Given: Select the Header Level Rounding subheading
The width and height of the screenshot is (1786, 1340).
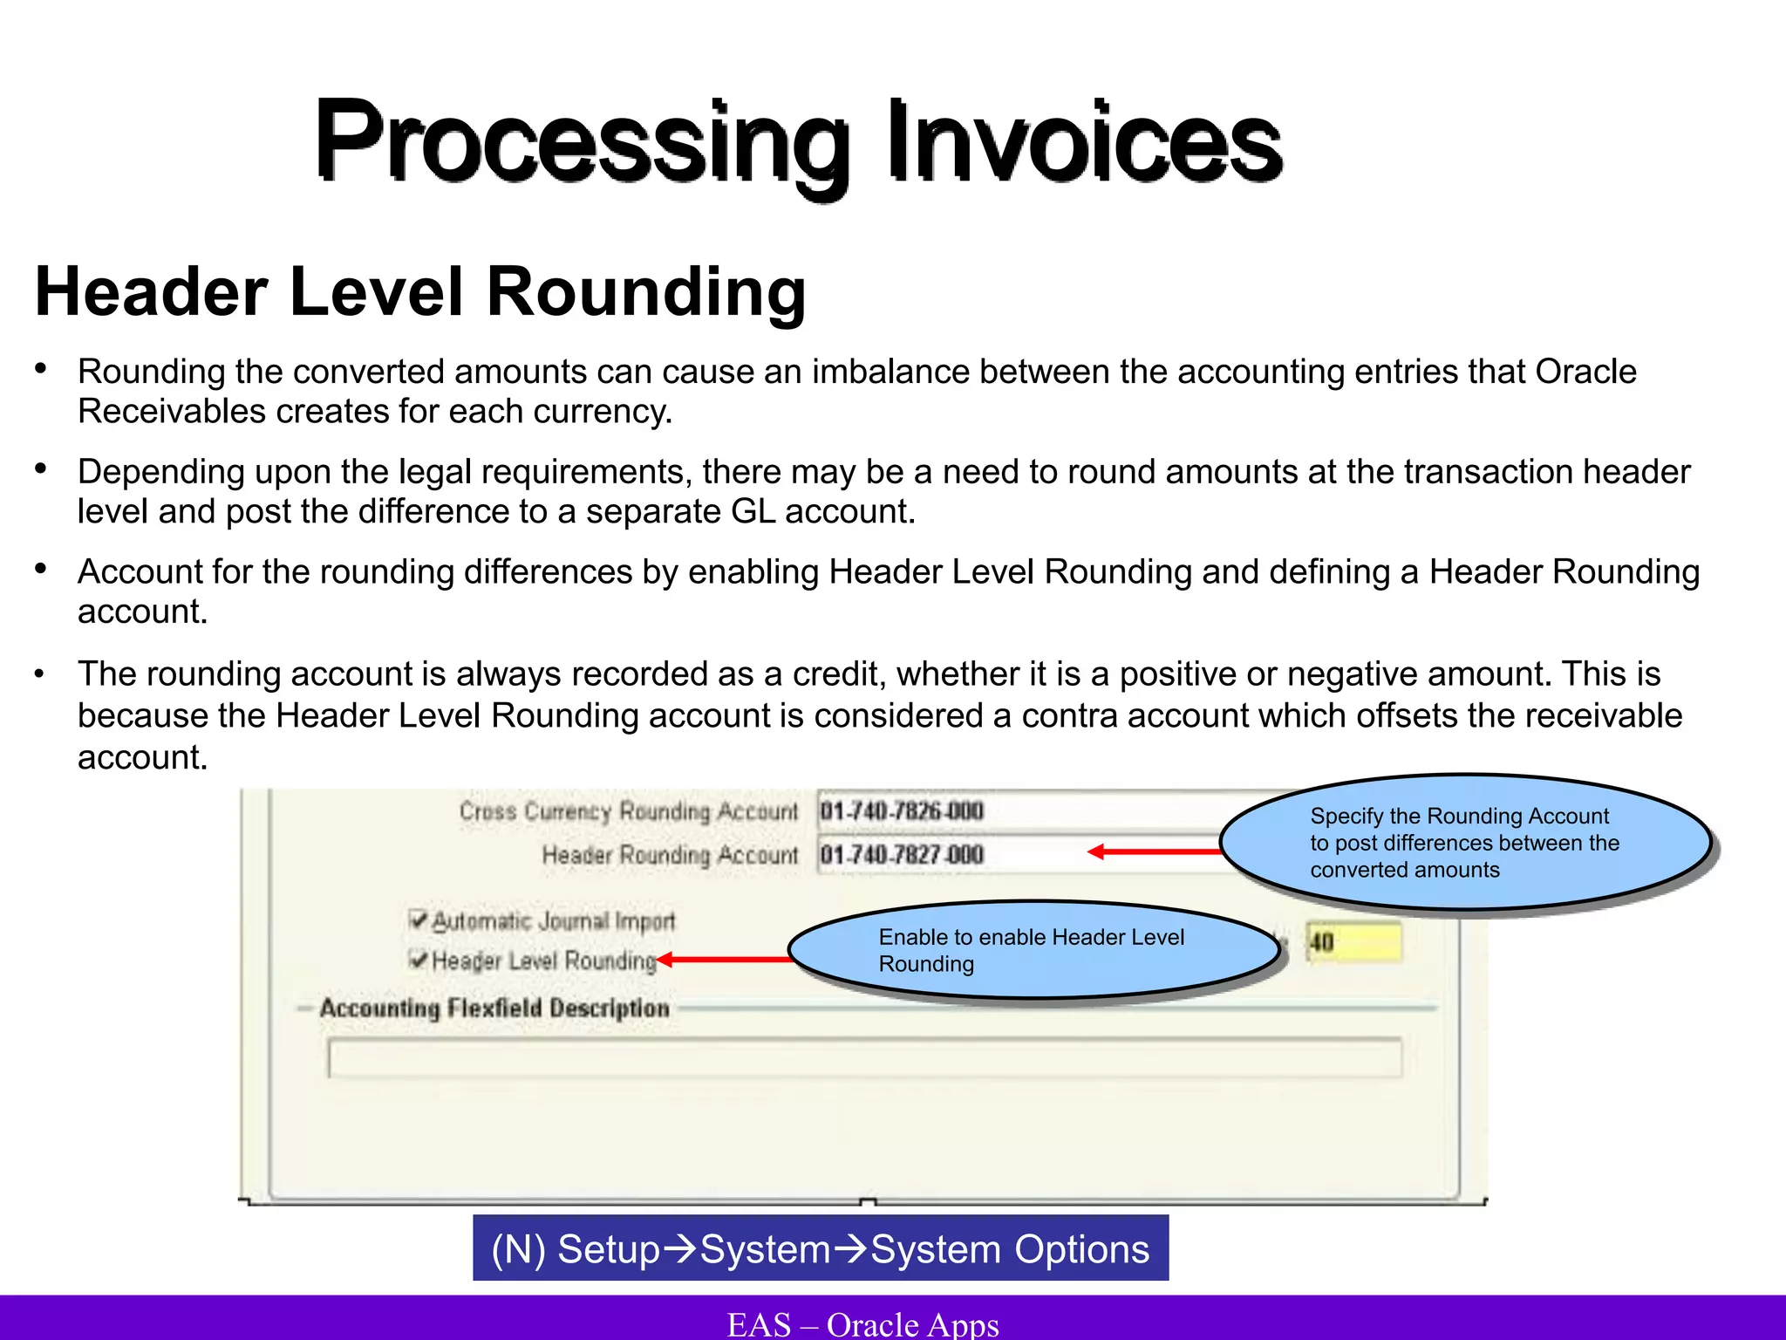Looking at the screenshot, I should [x=420, y=292].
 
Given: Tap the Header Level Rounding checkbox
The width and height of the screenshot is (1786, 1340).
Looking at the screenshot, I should [x=419, y=960].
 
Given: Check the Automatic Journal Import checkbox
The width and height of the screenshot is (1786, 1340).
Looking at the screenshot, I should [x=419, y=920].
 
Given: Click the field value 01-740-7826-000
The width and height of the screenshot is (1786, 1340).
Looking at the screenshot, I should [x=902, y=811].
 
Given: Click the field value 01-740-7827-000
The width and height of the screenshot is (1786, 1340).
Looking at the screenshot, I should [x=902, y=854].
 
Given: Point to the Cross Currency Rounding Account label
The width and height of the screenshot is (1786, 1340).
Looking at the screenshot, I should [x=628, y=811].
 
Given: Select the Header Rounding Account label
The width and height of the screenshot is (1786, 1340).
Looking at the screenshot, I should [x=669, y=855].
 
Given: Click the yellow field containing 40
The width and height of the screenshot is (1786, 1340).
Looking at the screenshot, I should [x=1353, y=942].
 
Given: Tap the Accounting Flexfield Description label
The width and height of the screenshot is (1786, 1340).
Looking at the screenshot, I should [x=494, y=1008].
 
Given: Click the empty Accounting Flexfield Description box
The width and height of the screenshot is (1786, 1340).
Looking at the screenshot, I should [x=863, y=1058].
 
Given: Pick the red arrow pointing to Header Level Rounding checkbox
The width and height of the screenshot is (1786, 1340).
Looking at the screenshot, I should [x=724, y=960].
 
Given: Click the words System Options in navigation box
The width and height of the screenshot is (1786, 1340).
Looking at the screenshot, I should [x=1010, y=1249].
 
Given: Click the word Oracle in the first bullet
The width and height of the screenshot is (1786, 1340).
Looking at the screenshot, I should [x=1585, y=373].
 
